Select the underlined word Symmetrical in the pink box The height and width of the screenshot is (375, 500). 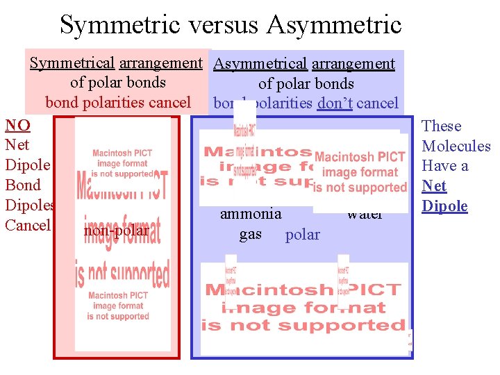[72, 63]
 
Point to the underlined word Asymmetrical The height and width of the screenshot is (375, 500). [260, 65]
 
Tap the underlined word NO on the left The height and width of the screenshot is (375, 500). [17, 126]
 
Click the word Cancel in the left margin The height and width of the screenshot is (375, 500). [28, 225]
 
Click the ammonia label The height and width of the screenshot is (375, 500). [251, 214]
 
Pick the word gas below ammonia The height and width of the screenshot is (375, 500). [251, 234]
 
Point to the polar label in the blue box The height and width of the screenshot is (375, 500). [302, 235]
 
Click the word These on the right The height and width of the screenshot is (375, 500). [442, 126]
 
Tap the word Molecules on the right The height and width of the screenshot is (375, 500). [456, 146]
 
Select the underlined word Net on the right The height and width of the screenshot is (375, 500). [434, 186]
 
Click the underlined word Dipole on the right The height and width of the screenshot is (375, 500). [444, 206]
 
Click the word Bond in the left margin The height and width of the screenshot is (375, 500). [23, 185]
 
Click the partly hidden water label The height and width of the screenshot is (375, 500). [365, 215]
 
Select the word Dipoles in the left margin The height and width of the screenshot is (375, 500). [30, 205]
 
